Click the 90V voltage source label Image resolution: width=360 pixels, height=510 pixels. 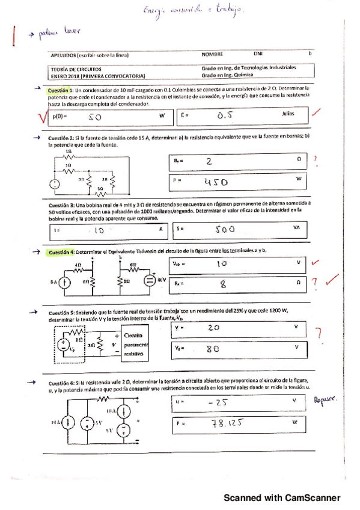162,280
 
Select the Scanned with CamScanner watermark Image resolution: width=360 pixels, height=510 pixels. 282,498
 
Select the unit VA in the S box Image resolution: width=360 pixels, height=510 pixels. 296,228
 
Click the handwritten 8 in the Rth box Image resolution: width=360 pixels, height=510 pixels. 222,284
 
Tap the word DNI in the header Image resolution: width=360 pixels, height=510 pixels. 259,54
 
